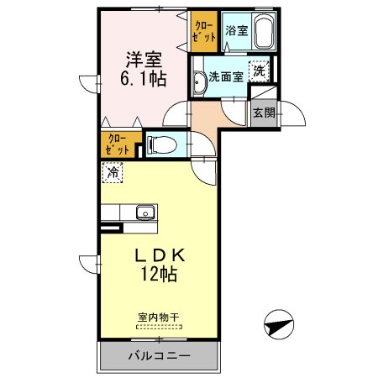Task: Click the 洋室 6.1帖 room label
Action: pyautogui.click(x=145, y=69)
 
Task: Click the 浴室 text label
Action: pyautogui.click(x=235, y=32)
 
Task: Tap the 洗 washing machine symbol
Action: pyautogui.click(x=260, y=71)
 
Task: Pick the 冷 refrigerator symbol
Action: pyautogui.click(x=112, y=173)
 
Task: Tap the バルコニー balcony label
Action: pyautogui.click(x=160, y=355)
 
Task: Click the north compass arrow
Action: pyautogui.click(x=280, y=323)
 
